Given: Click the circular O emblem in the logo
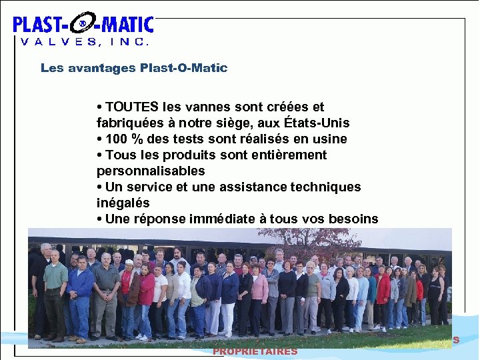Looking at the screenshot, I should (x=82, y=25).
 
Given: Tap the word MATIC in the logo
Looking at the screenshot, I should (x=127, y=25).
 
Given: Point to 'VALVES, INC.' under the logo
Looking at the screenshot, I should (x=84, y=42).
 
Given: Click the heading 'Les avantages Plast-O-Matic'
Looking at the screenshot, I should (x=134, y=68).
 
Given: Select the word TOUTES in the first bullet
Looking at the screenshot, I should (x=132, y=107).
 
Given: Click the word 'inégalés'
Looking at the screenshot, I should (x=123, y=203).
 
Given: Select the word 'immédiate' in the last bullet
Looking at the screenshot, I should (x=221, y=219).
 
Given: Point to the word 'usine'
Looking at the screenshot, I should (x=331, y=139).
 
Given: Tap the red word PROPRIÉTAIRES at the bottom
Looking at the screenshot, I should (x=255, y=351).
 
